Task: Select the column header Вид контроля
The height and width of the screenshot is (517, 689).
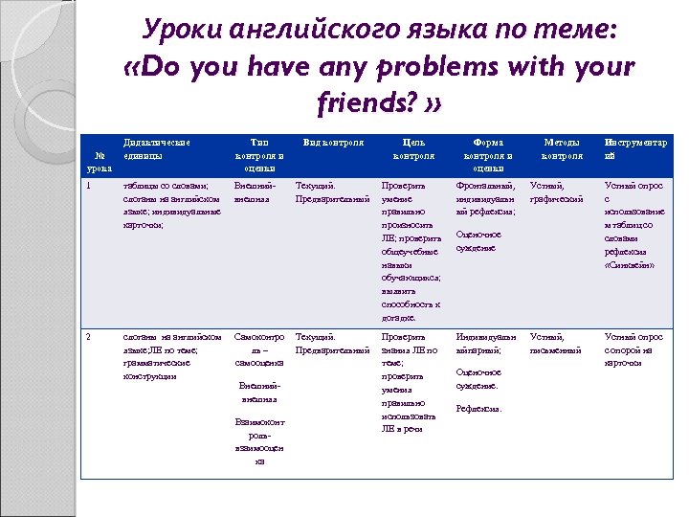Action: (333, 143)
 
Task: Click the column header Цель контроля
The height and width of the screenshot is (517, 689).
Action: (414, 149)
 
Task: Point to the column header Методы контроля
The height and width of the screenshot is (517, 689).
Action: (562, 149)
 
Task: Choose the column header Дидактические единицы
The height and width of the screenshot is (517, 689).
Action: (157, 149)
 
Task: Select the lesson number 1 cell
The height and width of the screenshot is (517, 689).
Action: (89, 186)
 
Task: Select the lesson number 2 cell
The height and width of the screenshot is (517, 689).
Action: (89, 337)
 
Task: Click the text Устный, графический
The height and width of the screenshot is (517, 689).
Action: (557, 192)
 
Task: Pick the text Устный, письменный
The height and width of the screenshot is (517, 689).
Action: (556, 344)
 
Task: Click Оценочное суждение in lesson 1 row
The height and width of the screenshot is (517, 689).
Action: (479, 240)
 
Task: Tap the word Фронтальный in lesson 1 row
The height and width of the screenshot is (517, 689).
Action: (485, 186)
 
